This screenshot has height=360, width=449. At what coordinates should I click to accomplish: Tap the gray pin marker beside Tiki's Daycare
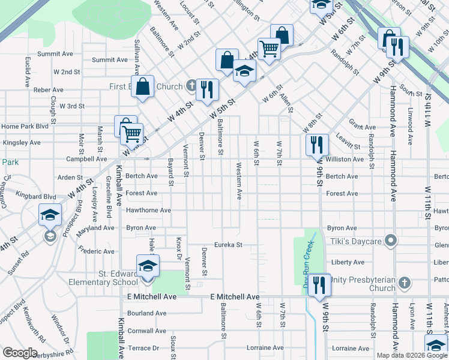(x=391, y=241)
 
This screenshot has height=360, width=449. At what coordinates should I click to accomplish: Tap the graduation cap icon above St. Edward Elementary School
(x=148, y=266)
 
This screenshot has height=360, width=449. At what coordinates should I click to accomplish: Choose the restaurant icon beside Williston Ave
(x=317, y=145)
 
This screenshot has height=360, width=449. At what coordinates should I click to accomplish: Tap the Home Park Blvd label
(x=25, y=127)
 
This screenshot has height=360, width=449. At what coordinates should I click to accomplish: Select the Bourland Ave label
(x=146, y=313)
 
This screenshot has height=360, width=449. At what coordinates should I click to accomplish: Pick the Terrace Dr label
(x=143, y=348)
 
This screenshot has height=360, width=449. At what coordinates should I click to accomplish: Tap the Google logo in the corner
(x=20, y=353)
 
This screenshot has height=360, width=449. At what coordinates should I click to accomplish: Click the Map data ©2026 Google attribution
(x=412, y=355)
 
